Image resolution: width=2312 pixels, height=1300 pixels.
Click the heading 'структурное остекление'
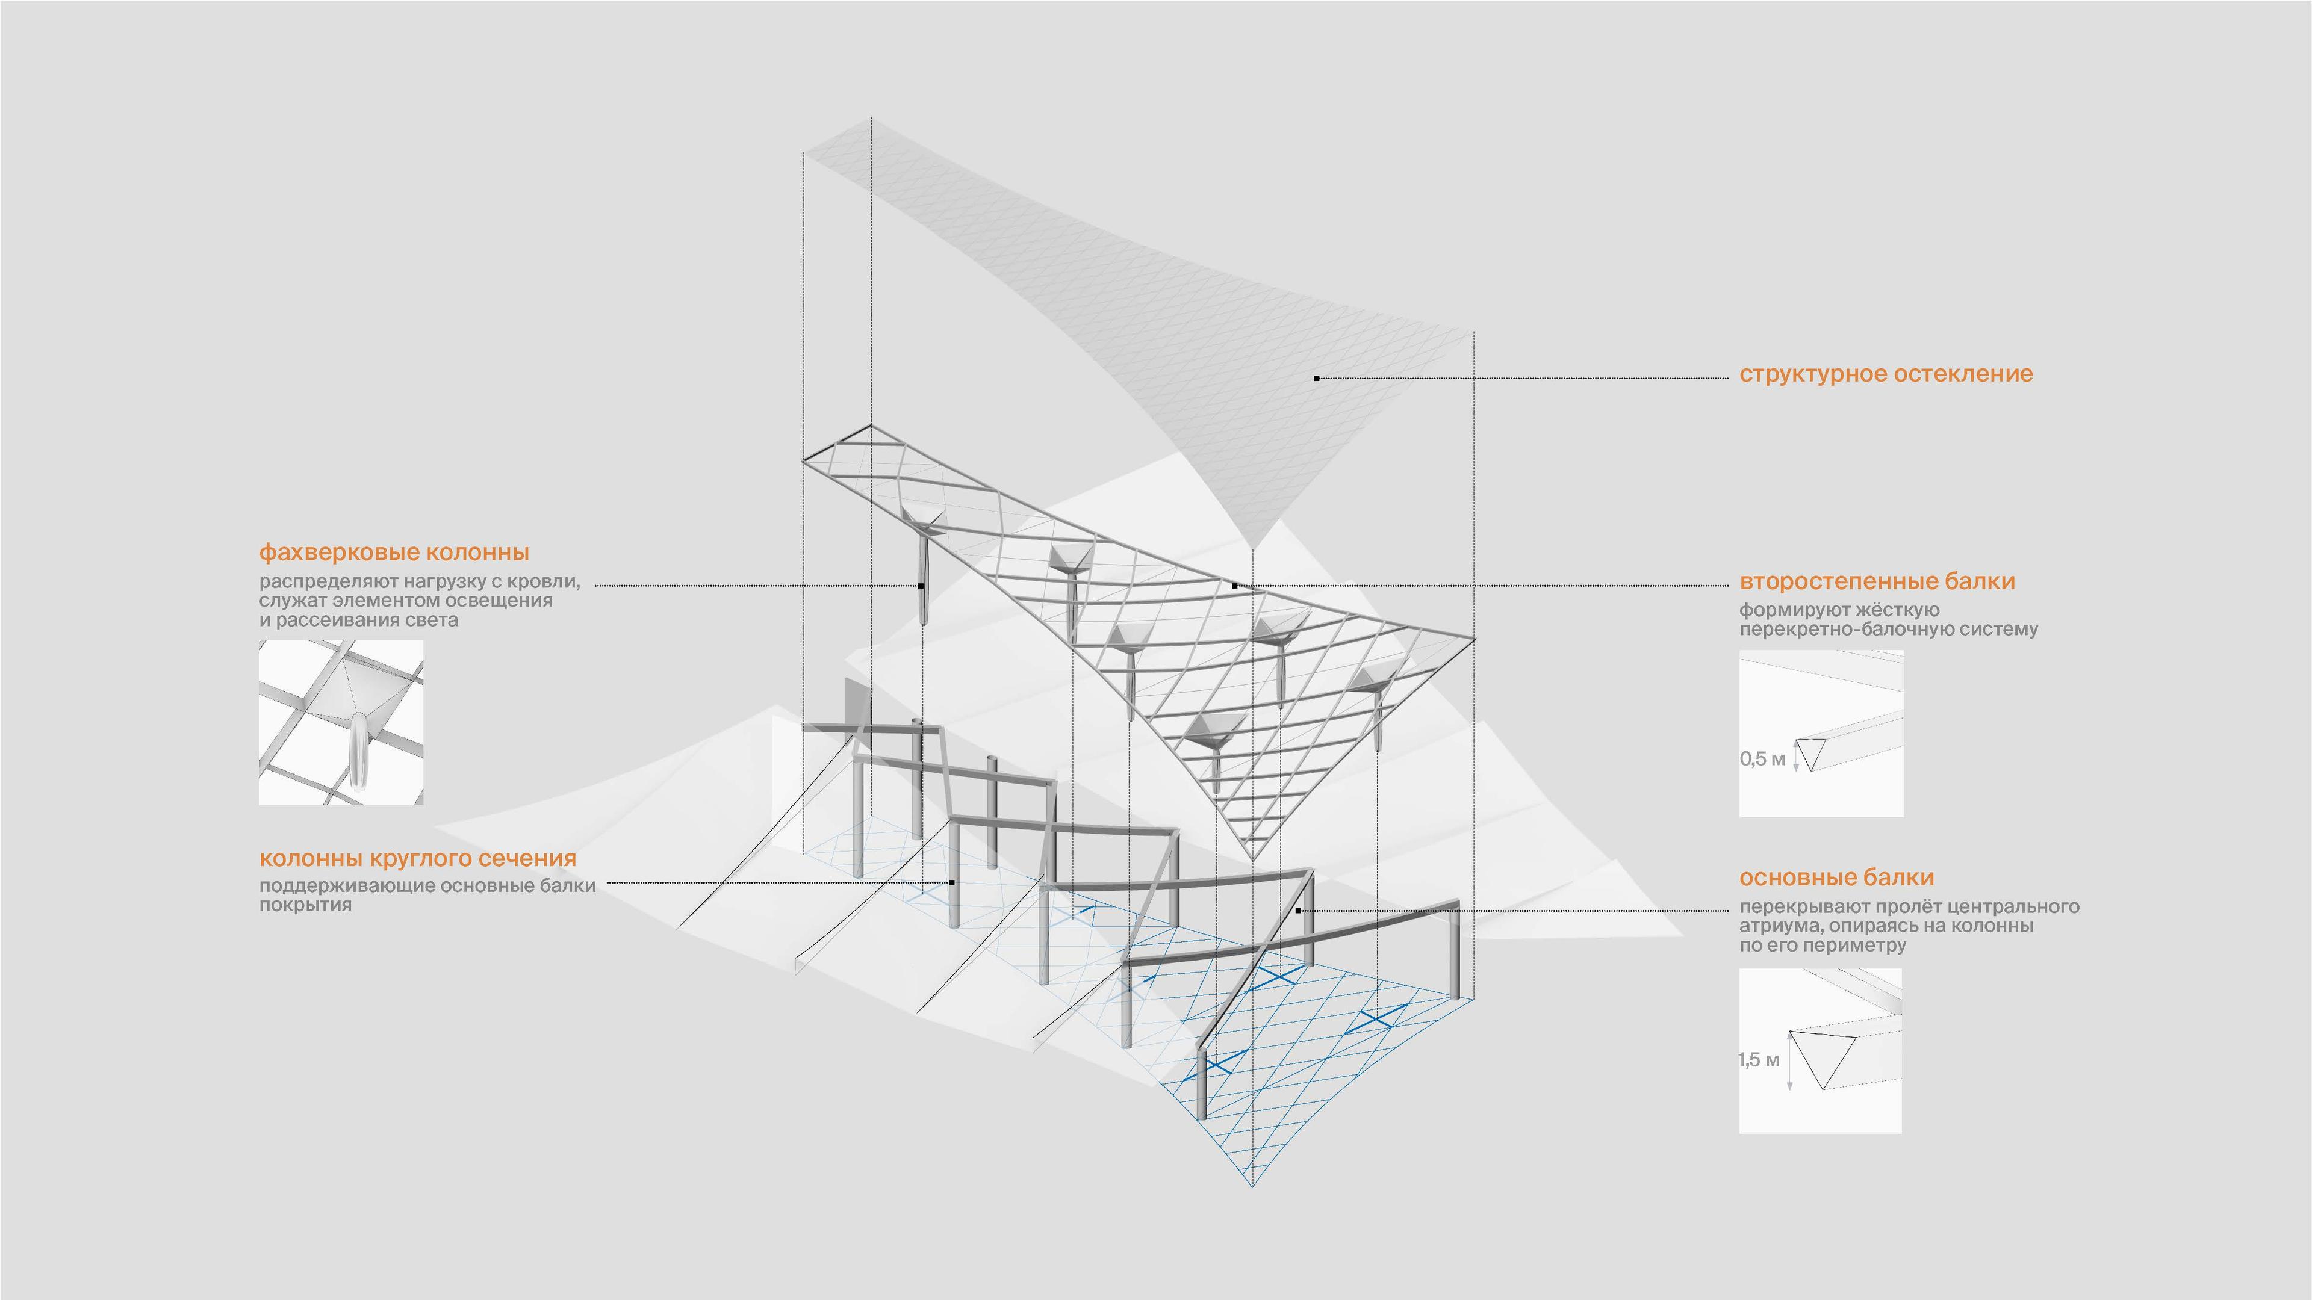click(1886, 374)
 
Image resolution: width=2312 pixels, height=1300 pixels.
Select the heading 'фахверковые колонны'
click(394, 552)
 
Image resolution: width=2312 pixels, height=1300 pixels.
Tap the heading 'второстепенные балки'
click(1877, 581)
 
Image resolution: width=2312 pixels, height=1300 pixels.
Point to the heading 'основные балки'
click(1836, 877)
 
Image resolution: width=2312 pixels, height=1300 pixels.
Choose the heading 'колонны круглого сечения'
click(417, 859)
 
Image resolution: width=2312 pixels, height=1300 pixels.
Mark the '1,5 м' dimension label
click(1759, 1059)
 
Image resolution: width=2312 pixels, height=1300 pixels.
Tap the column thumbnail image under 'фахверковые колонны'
click(341, 722)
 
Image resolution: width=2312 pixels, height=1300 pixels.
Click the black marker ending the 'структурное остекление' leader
click(1317, 379)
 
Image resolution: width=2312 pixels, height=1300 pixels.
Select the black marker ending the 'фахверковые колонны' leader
click(921, 586)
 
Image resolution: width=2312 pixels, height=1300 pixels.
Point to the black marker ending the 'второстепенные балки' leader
click(1235, 586)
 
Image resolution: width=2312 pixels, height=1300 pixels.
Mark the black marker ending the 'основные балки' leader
click(1298, 911)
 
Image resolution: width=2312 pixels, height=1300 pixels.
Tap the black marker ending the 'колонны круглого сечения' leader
click(952, 883)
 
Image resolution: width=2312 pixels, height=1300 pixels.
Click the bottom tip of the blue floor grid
click(1253, 1186)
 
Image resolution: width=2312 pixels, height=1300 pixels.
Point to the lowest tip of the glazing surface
click(1253, 549)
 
